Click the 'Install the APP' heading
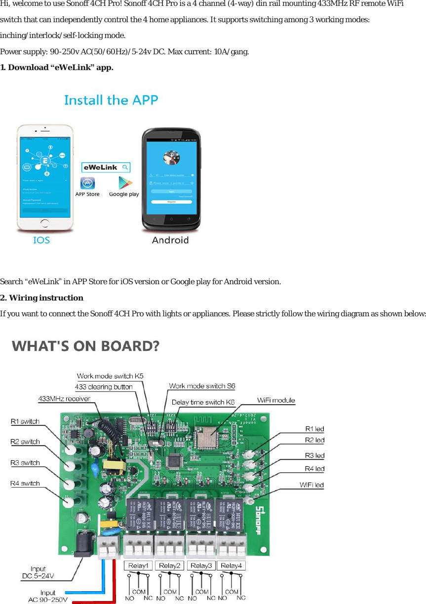pos(111,100)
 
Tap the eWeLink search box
pos(106,167)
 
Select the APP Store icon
pos(87,184)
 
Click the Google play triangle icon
pos(124,184)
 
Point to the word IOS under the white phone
pos(41,240)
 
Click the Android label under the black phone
pos(170,240)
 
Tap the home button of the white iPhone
pos(45,224)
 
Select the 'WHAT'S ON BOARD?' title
pos(86,346)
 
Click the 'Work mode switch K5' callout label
pos(110,376)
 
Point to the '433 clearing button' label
pos(104,387)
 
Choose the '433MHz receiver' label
pos(64,398)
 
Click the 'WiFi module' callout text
pos(276,400)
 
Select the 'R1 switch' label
pos(25,421)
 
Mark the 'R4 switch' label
pos(25,483)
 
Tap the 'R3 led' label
pos(314,455)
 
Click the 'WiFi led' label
pos(312,485)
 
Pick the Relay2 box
pos(170,566)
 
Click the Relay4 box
pos(231,566)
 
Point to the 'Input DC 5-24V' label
pos(38,572)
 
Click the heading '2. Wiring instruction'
pos(41,298)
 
